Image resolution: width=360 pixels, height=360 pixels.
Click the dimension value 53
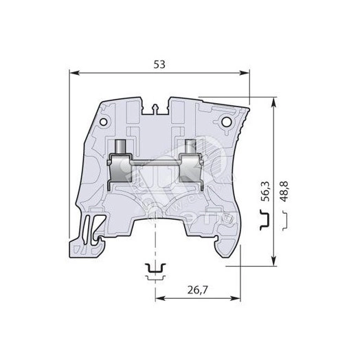[159, 64]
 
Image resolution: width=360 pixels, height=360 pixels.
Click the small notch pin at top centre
[158, 107]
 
